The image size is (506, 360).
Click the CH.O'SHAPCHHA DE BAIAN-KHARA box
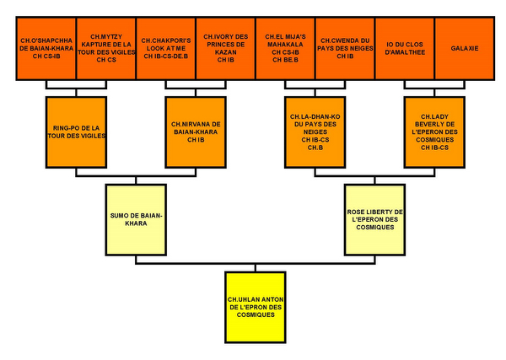46,49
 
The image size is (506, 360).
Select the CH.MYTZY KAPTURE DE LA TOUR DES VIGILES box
105,49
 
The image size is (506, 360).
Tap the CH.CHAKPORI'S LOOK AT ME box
165,49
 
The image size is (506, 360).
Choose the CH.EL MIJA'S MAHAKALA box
284,49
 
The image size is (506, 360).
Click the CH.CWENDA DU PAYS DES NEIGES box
344,49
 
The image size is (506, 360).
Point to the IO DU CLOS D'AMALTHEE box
403,49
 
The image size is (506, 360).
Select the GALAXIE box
464,49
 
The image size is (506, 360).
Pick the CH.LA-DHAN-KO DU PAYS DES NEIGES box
314,132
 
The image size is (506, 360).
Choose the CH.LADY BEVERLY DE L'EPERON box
433,132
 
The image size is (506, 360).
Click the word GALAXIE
464,49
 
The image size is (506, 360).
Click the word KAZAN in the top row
224,52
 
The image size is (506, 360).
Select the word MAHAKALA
284,46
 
